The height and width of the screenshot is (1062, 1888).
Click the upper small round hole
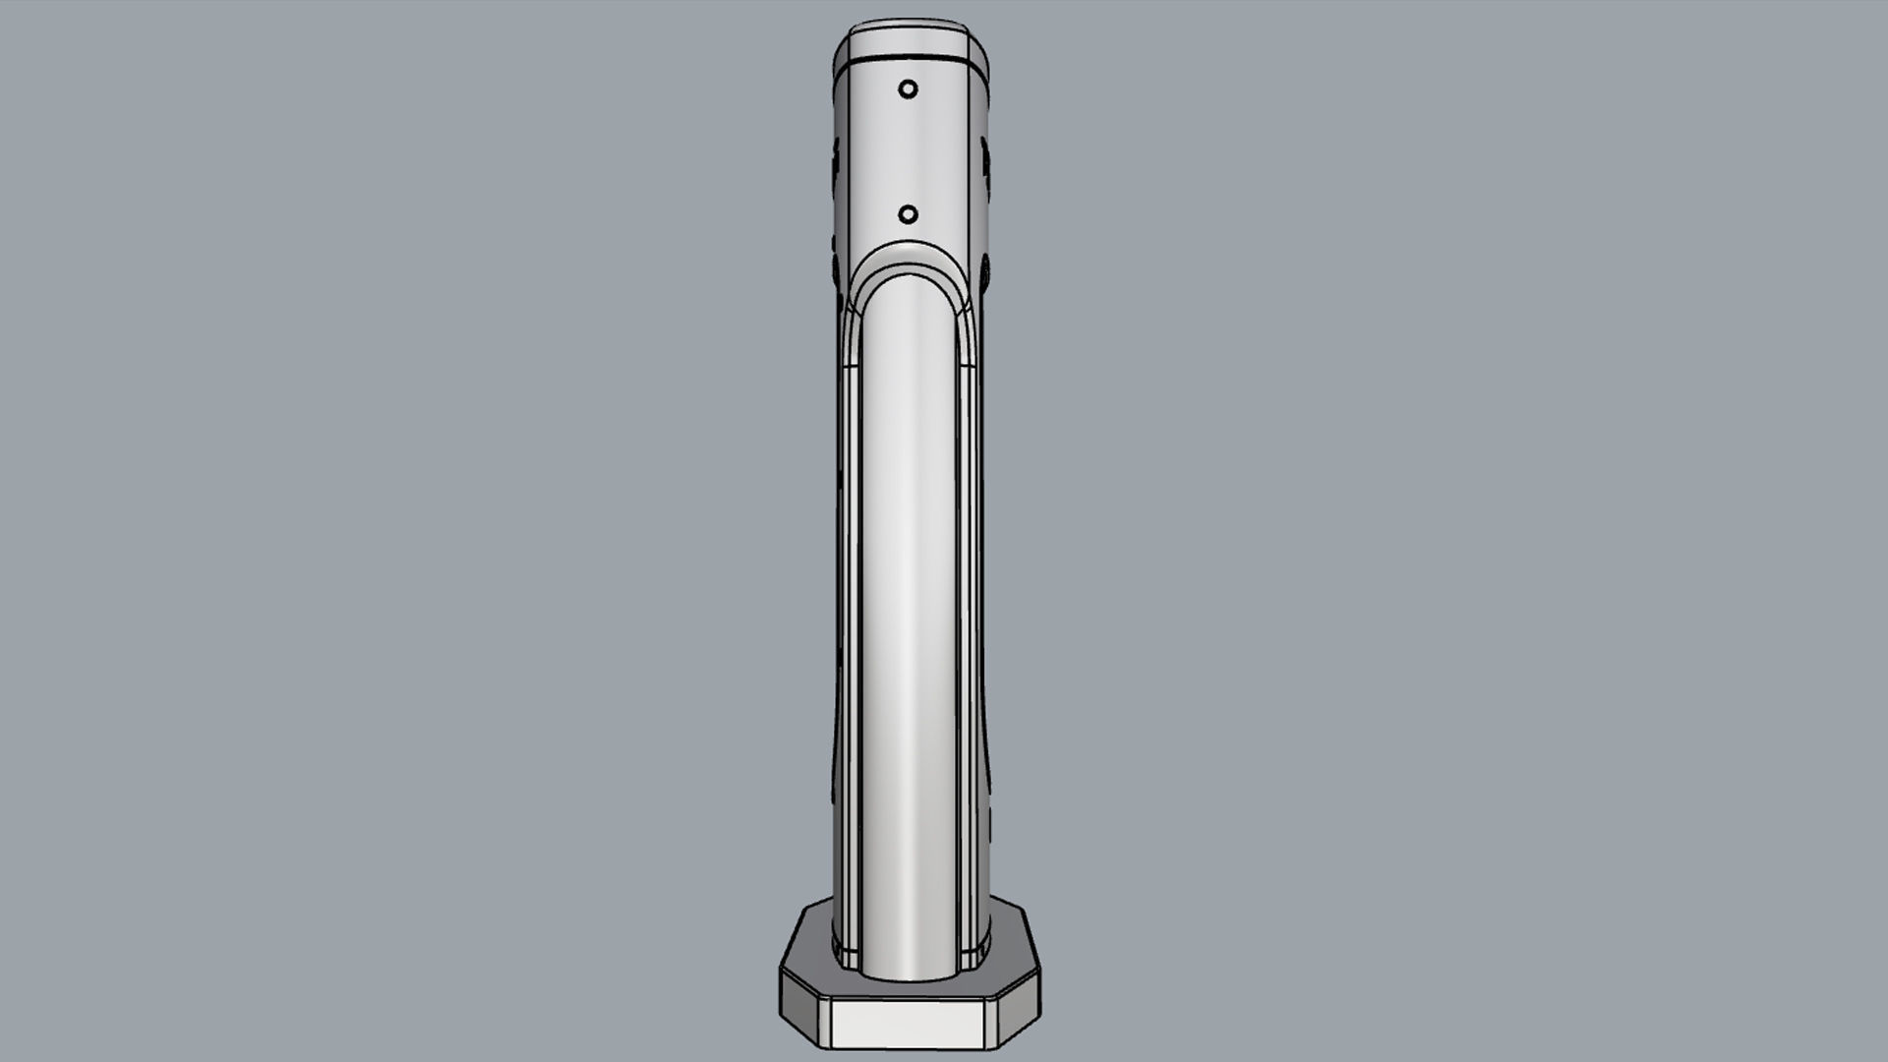tap(908, 89)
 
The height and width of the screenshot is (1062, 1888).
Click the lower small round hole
tap(909, 214)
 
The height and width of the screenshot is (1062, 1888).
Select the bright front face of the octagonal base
tap(908, 1023)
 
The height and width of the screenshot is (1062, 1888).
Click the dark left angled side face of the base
tap(797, 1010)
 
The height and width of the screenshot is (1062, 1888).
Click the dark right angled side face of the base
tap(1020, 1010)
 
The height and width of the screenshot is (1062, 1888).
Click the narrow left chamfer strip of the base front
tap(823, 1023)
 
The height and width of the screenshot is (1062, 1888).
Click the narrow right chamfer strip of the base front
tap(991, 1023)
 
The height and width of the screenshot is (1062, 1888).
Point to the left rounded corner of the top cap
tap(842, 44)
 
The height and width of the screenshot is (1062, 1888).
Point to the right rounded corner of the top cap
tap(979, 44)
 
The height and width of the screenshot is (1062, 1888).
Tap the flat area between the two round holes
tap(909, 152)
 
